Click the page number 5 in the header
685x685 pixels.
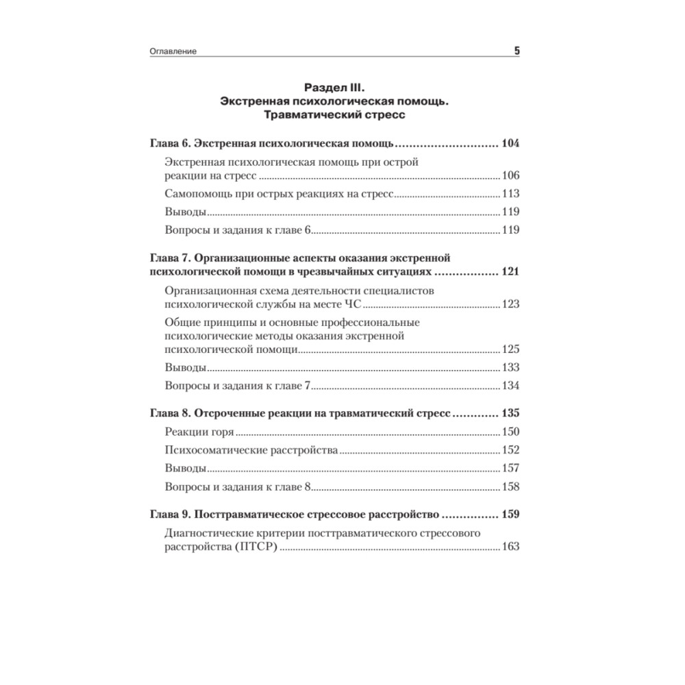pyautogui.click(x=516, y=51)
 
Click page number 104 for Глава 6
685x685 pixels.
pyautogui.click(x=510, y=145)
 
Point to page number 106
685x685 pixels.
pyautogui.click(x=510, y=175)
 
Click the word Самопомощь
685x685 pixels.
pyautogui.click(x=202, y=194)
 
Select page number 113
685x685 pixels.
pyautogui.click(x=510, y=194)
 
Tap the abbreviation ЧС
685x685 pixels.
pyautogui.click(x=357, y=303)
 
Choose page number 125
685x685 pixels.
pyautogui.click(x=510, y=349)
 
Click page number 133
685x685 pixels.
pyautogui.click(x=510, y=367)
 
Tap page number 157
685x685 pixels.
pyautogui.click(x=510, y=469)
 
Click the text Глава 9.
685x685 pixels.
pyautogui.click(x=169, y=514)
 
